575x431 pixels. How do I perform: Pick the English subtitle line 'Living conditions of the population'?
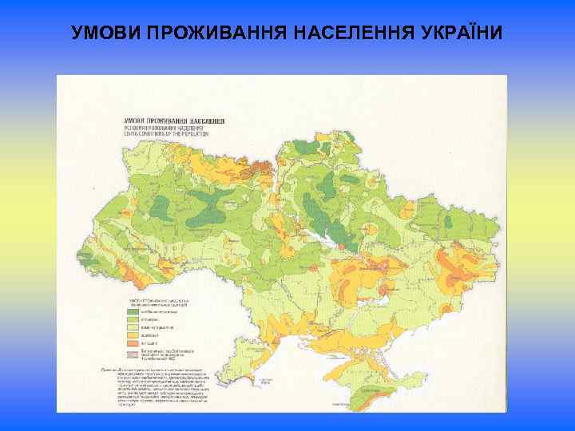pyautogui.click(x=165, y=134)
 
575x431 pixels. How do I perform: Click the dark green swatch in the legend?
pyautogui.click(x=132, y=311)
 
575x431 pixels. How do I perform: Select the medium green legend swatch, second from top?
pyautogui.click(x=132, y=319)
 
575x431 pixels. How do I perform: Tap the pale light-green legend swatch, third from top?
pyautogui.click(x=132, y=327)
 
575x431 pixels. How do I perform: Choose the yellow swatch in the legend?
pyautogui.click(x=132, y=335)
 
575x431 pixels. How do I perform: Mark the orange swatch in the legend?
pyautogui.click(x=132, y=343)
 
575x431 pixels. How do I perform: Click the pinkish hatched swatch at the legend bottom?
pyautogui.click(x=132, y=354)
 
